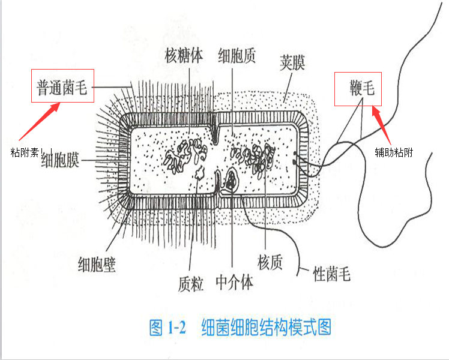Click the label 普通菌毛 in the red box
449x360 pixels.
[62, 90]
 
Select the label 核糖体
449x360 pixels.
[184, 56]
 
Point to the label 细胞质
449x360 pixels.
[237, 56]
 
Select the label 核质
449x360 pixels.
[270, 262]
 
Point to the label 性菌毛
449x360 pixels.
[332, 275]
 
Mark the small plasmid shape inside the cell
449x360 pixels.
[200, 173]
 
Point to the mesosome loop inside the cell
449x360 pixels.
[230, 180]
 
